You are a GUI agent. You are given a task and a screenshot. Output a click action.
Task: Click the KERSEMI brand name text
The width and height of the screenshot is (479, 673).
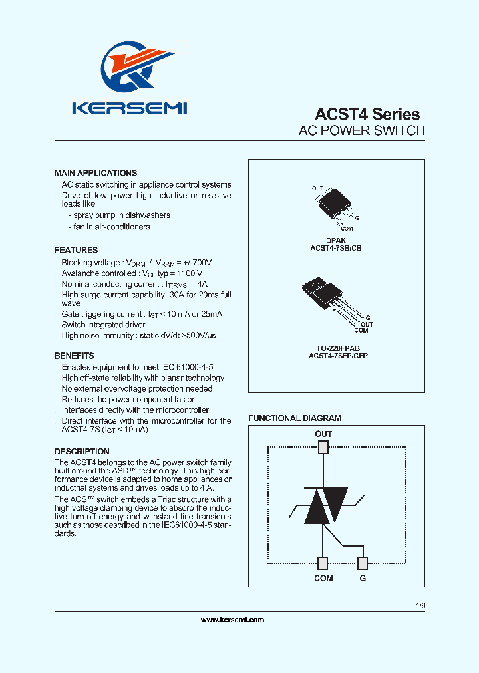tap(130, 108)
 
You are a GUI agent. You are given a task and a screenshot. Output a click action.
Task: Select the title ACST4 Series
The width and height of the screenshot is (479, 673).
tap(367, 114)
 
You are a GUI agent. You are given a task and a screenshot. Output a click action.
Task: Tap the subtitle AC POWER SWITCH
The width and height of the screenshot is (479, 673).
tap(362, 131)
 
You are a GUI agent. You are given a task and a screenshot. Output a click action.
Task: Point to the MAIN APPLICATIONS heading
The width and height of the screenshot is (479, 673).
tap(96, 173)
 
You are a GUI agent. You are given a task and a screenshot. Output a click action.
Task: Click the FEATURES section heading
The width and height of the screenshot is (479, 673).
tap(76, 251)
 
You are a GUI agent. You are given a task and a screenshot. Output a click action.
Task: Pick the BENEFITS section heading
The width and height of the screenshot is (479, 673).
tap(75, 356)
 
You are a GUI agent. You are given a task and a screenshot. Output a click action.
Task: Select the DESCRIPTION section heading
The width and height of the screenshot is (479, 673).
tap(82, 452)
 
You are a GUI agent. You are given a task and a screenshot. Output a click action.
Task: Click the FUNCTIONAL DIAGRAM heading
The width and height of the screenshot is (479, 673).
tap(295, 418)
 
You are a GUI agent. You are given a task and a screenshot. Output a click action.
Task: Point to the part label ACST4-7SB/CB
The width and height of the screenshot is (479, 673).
tap(336, 248)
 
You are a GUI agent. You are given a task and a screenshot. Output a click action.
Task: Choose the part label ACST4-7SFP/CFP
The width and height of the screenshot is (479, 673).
tap(335, 356)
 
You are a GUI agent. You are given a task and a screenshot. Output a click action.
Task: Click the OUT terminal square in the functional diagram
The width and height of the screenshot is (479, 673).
tap(323, 447)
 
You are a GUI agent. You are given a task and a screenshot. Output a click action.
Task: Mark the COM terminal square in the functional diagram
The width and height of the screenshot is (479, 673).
tap(323, 563)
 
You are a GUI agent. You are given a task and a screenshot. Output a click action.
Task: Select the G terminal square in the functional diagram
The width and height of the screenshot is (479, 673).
tap(363, 563)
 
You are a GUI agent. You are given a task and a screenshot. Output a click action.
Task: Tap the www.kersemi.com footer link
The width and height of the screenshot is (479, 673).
tap(232, 620)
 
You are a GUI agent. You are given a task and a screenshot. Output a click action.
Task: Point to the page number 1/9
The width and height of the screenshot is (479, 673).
tap(420, 606)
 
